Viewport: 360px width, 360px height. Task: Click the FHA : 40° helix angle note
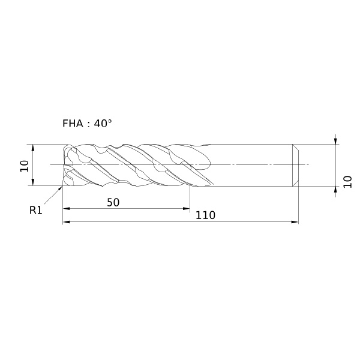point(87,124)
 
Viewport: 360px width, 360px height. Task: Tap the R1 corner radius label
point(36,210)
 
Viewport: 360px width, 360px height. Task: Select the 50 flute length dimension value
point(113,203)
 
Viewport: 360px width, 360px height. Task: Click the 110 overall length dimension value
point(205,215)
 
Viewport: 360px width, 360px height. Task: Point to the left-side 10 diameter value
point(25,166)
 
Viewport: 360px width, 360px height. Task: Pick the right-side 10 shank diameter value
point(347,182)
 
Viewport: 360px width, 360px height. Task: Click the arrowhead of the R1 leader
point(61,188)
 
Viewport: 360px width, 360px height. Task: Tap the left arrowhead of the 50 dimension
point(67,208)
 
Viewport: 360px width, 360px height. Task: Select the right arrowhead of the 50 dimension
point(187,208)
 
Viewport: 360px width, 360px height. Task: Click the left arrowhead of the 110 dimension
point(67,222)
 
